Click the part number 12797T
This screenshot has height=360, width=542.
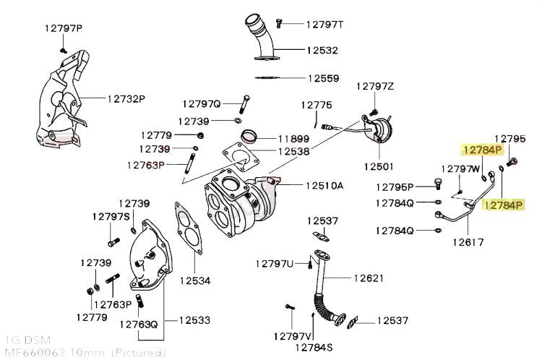click(324, 25)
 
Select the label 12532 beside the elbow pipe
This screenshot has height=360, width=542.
click(321, 51)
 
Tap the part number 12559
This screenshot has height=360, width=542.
click(323, 77)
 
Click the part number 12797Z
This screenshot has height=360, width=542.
click(374, 87)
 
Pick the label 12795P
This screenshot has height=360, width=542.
click(395, 187)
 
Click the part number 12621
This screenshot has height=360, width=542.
click(369, 278)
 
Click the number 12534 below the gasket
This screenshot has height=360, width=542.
click(195, 280)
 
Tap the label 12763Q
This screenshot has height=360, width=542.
click(139, 325)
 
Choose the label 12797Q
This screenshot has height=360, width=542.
click(202, 103)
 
